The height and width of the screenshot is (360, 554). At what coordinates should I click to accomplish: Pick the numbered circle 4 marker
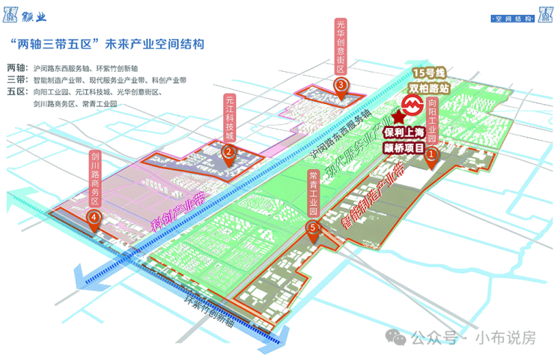[x=94, y=218]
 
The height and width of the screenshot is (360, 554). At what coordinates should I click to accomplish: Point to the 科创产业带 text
[x=178, y=212]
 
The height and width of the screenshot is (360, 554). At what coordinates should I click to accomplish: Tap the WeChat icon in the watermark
[x=397, y=338]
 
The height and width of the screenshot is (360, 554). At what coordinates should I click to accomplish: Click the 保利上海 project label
[x=405, y=133]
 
